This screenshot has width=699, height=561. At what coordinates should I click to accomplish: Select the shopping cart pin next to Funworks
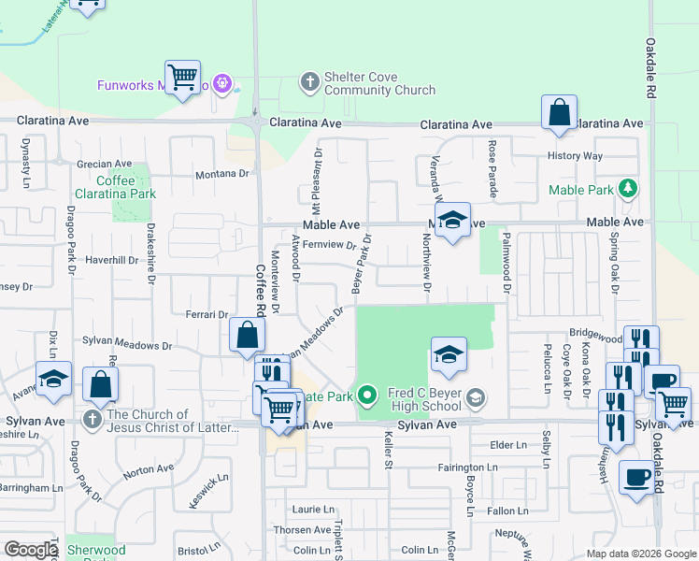pos(182,77)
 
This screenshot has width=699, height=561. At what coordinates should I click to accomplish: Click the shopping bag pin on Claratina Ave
pos(558,112)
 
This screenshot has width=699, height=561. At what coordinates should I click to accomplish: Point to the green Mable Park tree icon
pos(629,190)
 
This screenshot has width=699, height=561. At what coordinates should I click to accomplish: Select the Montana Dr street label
pos(224,174)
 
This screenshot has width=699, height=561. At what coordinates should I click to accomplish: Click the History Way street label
pos(575,156)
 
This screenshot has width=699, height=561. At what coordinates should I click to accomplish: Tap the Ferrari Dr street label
pos(207,315)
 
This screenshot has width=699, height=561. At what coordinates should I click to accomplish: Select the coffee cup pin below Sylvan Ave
pos(636,478)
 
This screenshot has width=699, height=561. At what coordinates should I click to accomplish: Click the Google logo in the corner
pos(30,549)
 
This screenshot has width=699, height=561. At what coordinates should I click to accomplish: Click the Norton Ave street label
pos(149,468)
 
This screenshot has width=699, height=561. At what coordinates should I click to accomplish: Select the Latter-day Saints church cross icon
pos(92,419)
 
